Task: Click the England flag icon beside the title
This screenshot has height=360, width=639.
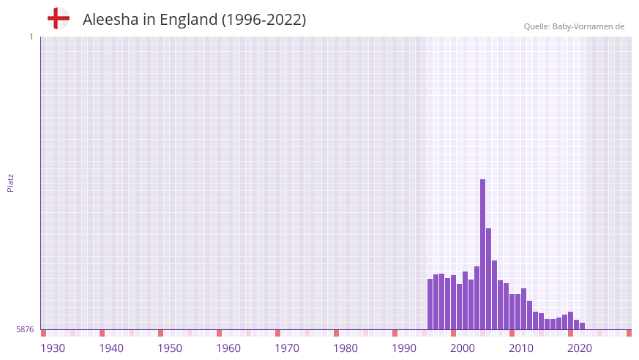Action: (x=59, y=19)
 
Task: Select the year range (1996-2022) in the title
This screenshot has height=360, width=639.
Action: (x=264, y=20)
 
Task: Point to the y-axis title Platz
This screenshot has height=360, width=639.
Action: (x=10, y=182)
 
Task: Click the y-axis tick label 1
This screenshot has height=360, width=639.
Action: (x=31, y=37)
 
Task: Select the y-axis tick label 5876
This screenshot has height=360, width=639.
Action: (x=25, y=330)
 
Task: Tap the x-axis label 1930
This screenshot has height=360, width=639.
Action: (x=53, y=348)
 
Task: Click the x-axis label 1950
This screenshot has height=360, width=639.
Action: (x=170, y=348)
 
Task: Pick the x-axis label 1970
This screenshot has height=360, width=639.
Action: (x=287, y=348)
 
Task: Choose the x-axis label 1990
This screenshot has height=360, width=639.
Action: (x=404, y=348)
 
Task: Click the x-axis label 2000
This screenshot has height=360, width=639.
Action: (x=463, y=348)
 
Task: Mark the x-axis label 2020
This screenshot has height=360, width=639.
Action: (x=580, y=348)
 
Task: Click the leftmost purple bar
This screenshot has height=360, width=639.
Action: (x=430, y=304)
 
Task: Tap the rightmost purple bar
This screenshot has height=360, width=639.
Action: (x=583, y=326)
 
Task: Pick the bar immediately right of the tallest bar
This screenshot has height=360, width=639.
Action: (x=489, y=279)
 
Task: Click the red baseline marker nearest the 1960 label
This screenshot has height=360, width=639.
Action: (x=219, y=333)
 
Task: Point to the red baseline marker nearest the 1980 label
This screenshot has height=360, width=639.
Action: (x=336, y=333)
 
